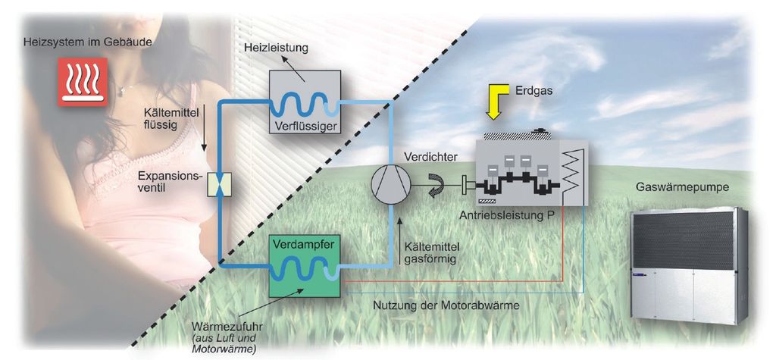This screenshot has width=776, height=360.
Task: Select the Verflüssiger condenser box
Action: point(305,102)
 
